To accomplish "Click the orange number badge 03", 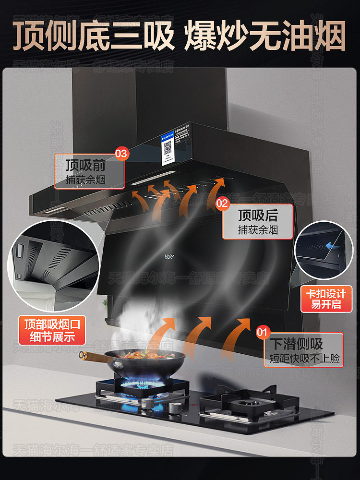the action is (121, 154).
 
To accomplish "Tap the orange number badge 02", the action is (222, 203).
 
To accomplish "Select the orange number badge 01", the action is (262, 332).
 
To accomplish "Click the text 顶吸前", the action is (85, 166).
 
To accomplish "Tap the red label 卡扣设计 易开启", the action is (326, 298).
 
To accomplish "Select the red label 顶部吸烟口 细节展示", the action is (53, 330).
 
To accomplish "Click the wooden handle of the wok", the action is (92, 356).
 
